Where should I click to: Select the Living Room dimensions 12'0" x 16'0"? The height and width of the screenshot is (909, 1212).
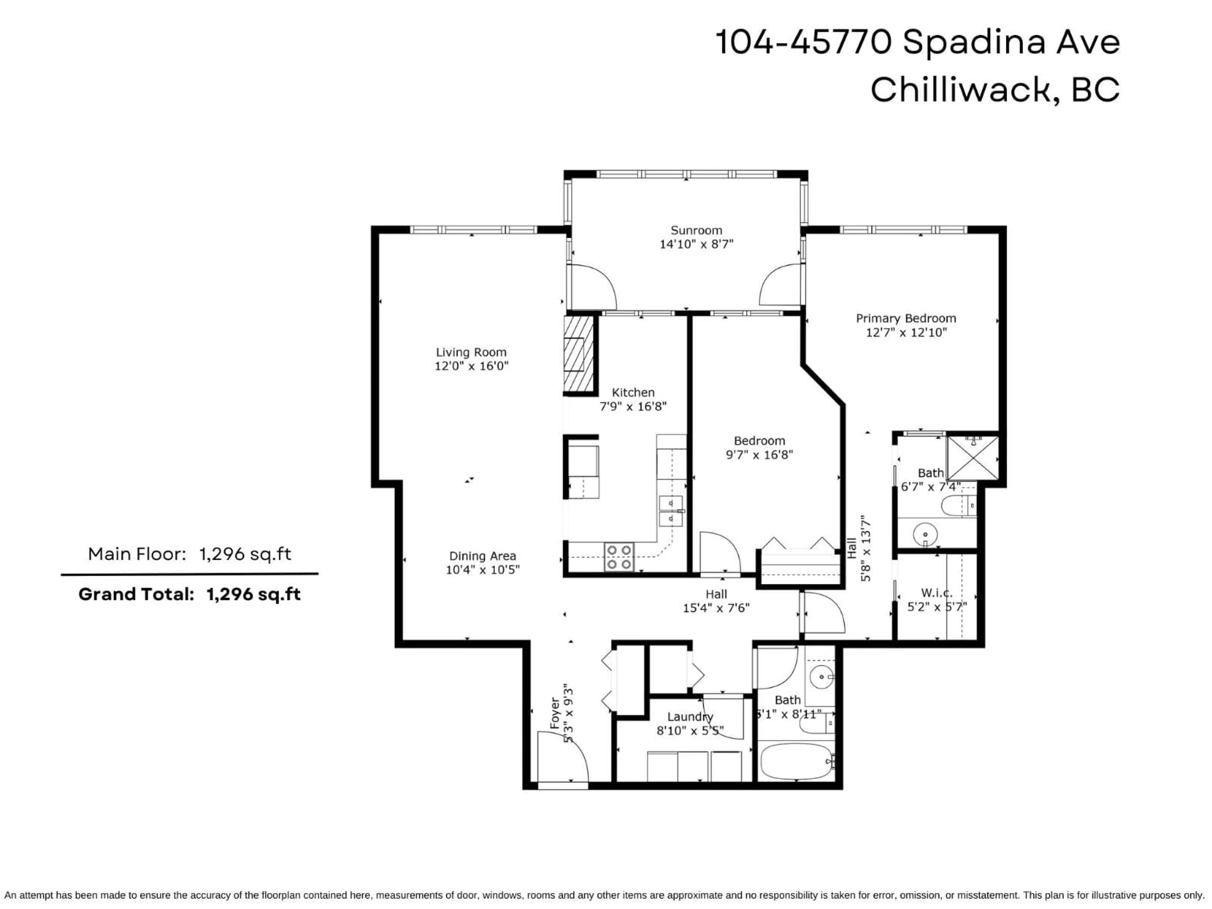(471, 366)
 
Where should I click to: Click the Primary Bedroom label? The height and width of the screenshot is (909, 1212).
(906, 318)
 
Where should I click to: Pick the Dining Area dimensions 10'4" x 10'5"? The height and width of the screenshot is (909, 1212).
(482, 570)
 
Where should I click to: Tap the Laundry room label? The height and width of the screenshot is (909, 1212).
(690, 717)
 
